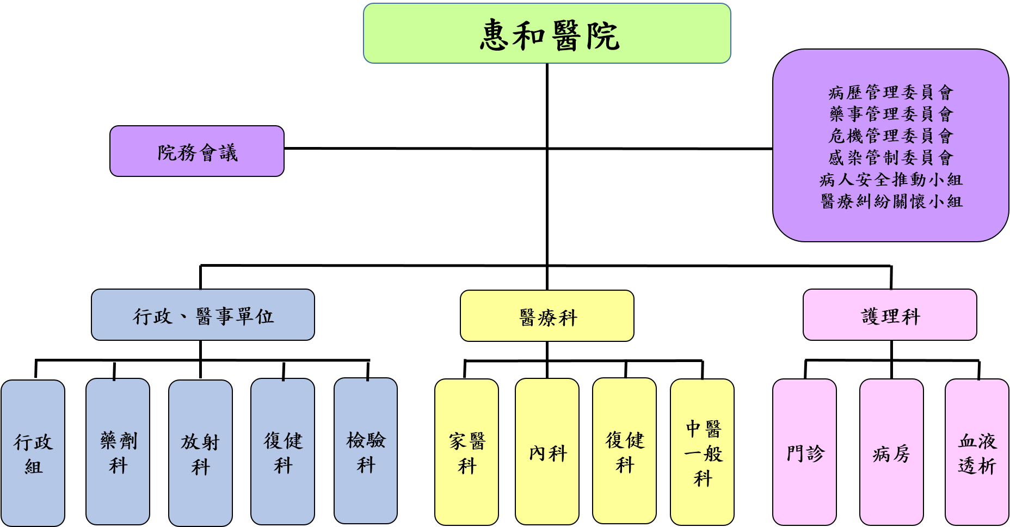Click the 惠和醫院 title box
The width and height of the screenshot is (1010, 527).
pos(547,33)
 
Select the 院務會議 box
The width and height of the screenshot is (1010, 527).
pos(197,151)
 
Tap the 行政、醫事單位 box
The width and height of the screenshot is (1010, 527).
pos(203,315)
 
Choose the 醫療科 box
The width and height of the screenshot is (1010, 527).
pos(547,316)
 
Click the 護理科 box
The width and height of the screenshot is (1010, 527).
pos(890,315)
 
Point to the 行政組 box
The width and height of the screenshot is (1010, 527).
pos(33,453)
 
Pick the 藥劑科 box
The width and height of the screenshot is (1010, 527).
pos(118,452)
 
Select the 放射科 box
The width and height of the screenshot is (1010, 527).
pos(201,453)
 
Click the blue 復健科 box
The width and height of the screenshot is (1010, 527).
pos(283,452)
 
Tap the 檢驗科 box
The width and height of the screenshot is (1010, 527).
pos(366,451)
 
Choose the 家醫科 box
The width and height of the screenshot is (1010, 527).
pos(467,452)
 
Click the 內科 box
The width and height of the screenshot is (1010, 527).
pos(547,452)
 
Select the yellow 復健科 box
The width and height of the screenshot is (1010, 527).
pos(625,451)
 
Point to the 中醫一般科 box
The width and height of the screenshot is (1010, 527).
pos(703,452)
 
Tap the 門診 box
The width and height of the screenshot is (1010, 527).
pos(805,452)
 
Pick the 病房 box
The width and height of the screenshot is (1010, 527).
pos(891,452)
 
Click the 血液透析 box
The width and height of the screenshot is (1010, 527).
pos(977,452)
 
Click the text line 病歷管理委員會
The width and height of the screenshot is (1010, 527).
pos(891,93)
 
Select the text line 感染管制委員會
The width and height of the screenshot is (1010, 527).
pos(891,158)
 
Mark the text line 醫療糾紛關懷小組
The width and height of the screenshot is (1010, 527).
pos(891,201)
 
